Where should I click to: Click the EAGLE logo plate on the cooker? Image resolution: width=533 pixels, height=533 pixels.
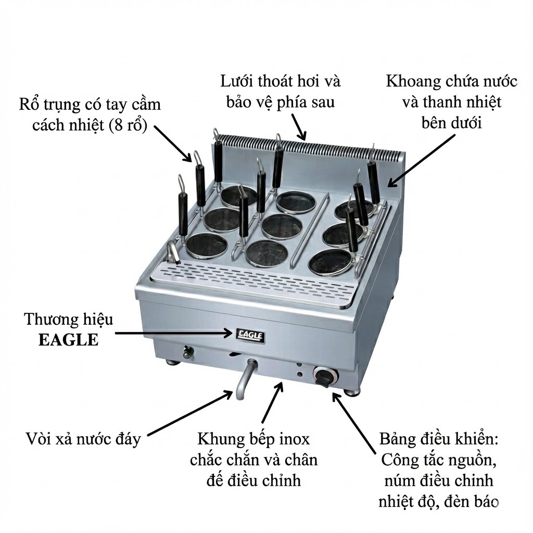pos(250,336)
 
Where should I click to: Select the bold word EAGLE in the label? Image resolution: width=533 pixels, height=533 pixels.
pos(68,340)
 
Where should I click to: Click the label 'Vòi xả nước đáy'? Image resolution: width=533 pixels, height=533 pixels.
pos(83,438)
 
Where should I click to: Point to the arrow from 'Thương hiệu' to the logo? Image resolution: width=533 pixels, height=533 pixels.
pos(174,334)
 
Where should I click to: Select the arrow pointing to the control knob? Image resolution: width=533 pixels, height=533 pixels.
pos(354,423)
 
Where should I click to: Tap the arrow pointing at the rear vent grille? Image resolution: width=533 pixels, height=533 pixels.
pos(299,127)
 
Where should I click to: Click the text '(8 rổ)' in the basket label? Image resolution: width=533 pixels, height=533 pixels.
pos(128,126)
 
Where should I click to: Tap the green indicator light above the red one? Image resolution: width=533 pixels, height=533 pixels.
pos(299,365)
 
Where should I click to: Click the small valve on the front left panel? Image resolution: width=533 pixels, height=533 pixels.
pos(187,352)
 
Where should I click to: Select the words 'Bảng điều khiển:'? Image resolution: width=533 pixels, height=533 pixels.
pos(438,439)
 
